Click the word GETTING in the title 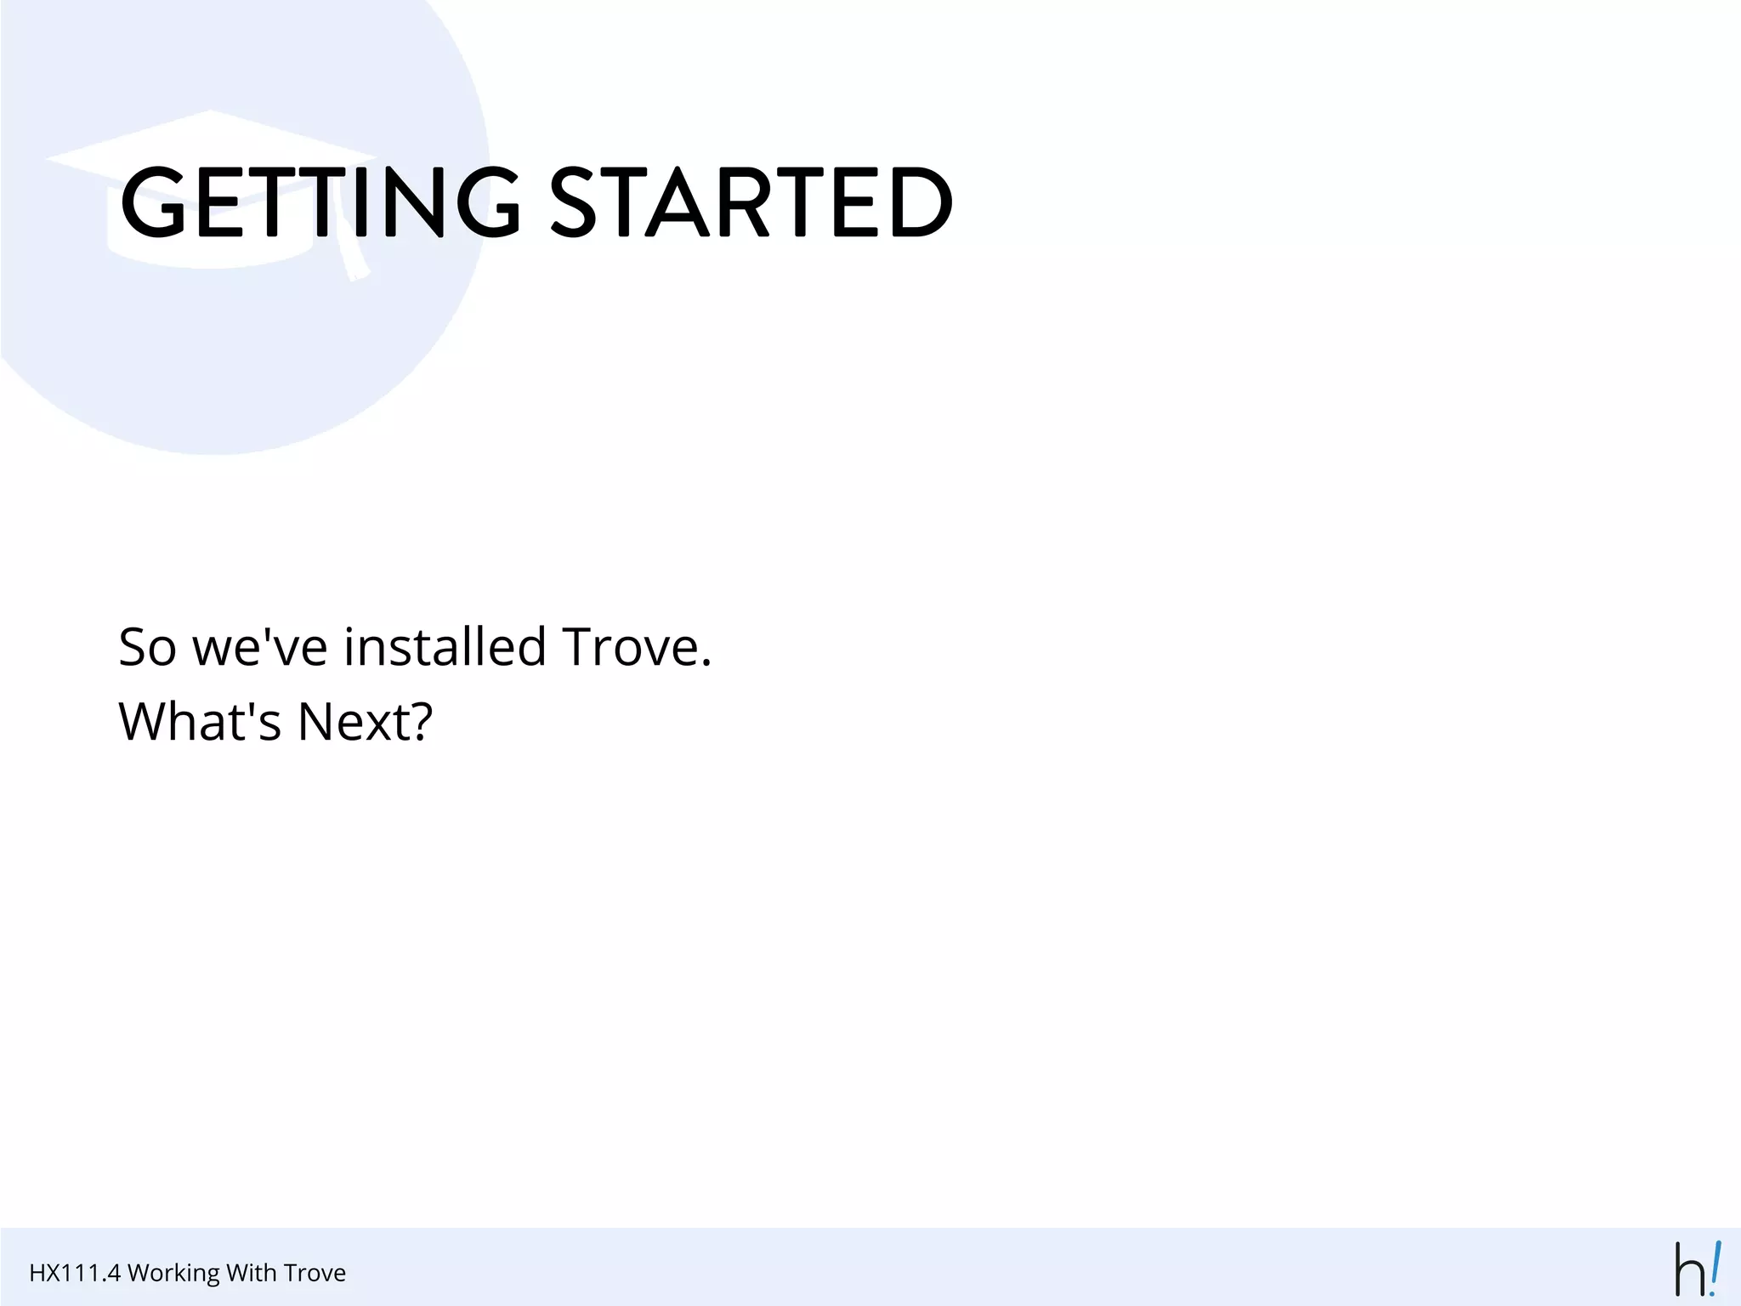click(x=319, y=202)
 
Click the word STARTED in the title click(x=751, y=202)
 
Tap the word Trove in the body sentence click(x=630, y=648)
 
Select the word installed click(x=445, y=648)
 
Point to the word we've click(x=260, y=648)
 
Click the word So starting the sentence click(x=147, y=648)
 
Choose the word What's click(x=200, y=722)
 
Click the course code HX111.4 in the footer click(x=75, y=1273)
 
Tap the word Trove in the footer click(x=315, y=1273)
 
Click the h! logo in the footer click(x=1697, y=1269)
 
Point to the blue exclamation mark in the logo click(x=1714, y=1267)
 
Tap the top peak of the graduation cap click(x=210, y=113)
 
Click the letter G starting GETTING click(x=154, y=202)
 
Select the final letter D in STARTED click(x=922, y=202)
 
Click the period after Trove click(x=706, y=664)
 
